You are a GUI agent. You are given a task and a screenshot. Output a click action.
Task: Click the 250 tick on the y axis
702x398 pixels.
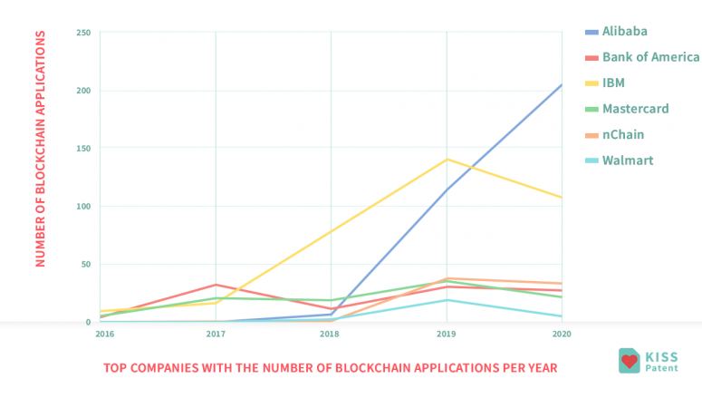coord(83,33)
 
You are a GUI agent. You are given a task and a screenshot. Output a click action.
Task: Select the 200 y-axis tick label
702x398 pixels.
coord(83,91)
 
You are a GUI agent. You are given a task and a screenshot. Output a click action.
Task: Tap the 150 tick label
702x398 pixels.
coord(83,149)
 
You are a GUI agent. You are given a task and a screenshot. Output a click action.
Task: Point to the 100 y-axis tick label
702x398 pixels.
coord(83,207)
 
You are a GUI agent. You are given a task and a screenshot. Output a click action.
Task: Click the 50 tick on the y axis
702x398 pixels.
coord(85,265)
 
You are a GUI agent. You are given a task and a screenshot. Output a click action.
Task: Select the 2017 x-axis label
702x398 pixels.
coord(216,334)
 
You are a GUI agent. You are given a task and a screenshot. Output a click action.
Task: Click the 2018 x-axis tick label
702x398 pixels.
coord(331,334)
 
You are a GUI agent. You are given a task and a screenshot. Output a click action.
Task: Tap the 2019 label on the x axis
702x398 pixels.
coord(447,334)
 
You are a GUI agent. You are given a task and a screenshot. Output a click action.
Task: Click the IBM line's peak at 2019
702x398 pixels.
coord(447,160)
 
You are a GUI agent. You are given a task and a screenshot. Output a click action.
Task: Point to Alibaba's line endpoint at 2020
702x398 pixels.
coord(562,85)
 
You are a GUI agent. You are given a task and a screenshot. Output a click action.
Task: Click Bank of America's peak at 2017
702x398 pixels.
coord(216,285)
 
